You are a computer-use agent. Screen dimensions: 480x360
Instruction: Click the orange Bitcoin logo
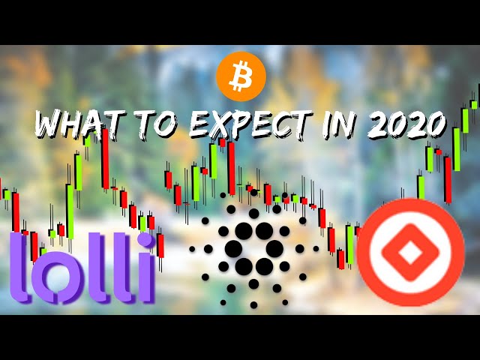pos(241,76)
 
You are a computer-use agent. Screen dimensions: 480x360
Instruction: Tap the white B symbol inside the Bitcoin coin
pos(241,76)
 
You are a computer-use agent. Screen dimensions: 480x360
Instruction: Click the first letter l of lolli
pos(20,268)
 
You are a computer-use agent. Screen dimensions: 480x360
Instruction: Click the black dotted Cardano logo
pos(253,248)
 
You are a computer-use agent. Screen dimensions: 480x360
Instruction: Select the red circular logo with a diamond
pos(410,252)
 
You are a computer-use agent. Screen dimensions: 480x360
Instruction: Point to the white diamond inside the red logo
pos(410,253)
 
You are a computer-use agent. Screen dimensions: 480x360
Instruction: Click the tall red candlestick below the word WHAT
pos(105,159)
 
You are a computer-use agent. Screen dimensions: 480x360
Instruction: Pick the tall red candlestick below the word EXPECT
pos(232,168)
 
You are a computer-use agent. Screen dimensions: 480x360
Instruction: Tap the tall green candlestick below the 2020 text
pos(457,149)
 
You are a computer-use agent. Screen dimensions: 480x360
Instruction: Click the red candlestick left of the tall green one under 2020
pos(448,179)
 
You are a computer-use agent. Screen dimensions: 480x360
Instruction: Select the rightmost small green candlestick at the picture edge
pos(474,104)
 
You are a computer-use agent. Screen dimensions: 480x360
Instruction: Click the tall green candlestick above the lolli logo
pos(70,211)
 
